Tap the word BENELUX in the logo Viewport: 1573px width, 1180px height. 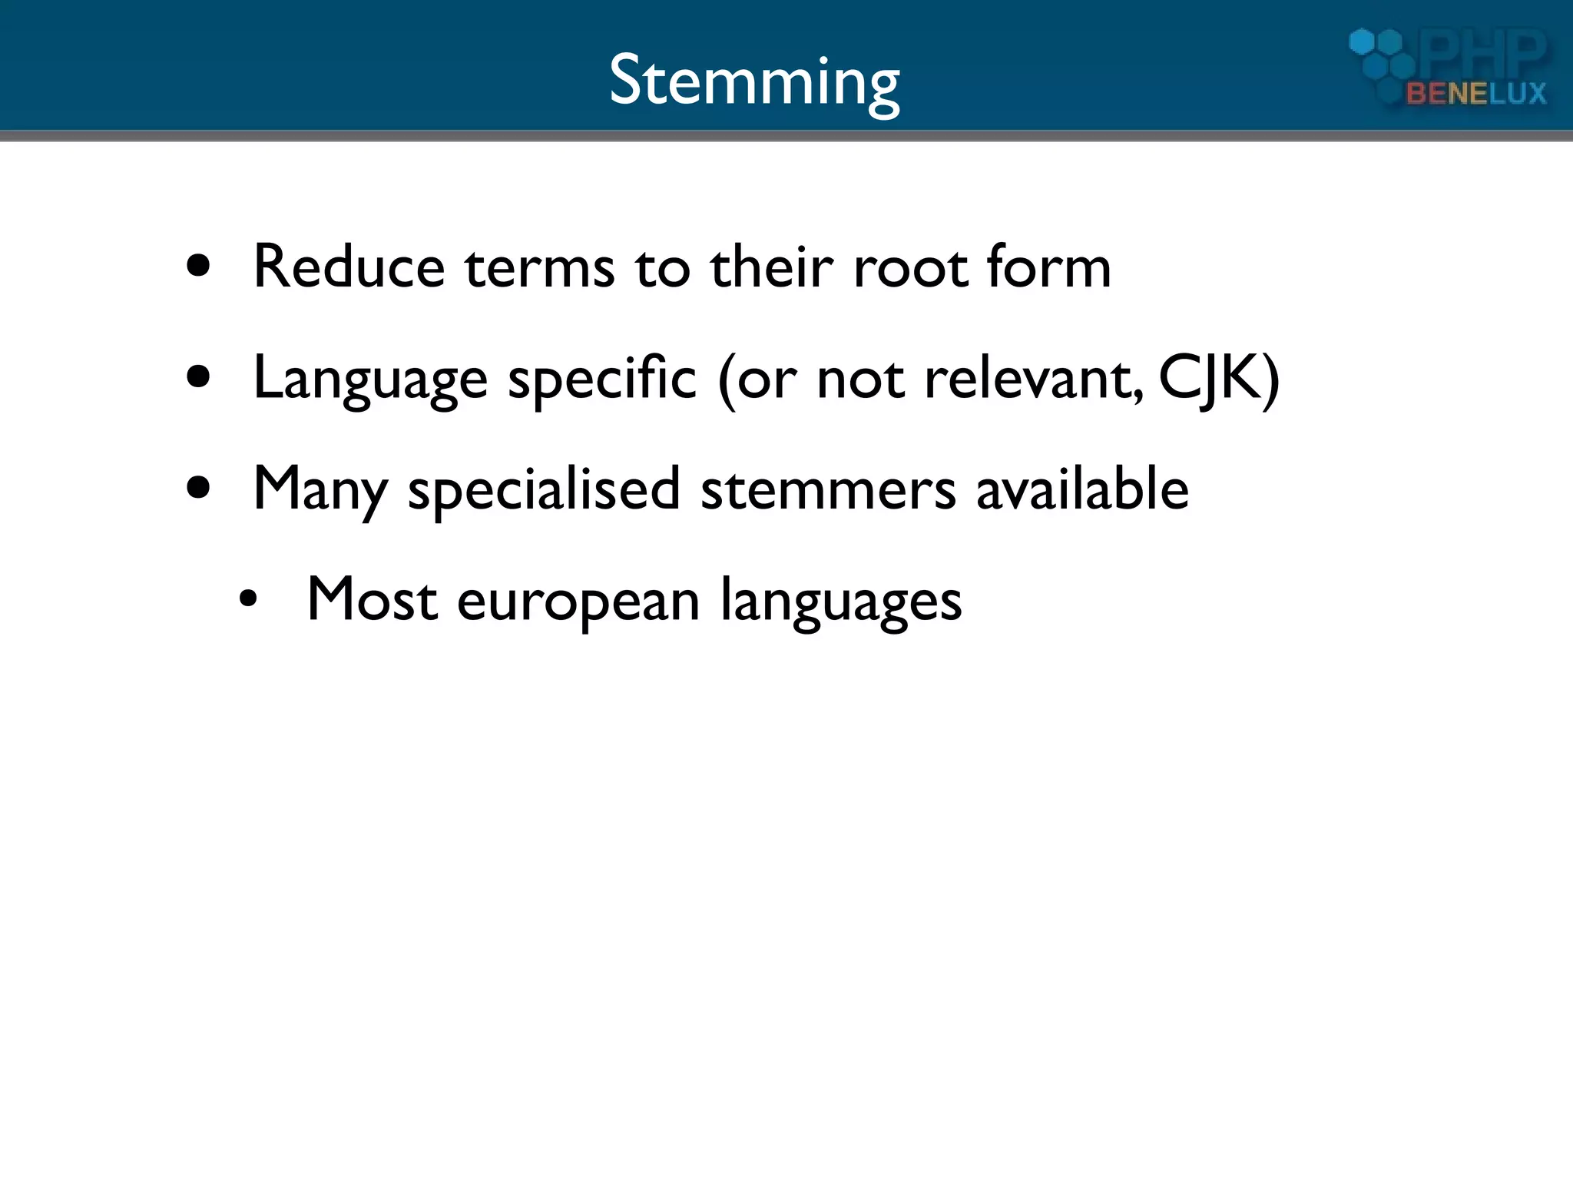[1475, 94]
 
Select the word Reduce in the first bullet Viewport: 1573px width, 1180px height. [349, 267]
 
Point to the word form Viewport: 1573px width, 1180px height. [1048, 267]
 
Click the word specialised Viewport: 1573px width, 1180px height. [544, 489]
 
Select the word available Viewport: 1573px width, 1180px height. [1082, 489]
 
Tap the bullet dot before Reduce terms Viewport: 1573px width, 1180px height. [199, 266]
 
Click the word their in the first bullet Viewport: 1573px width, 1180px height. [772, 267]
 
